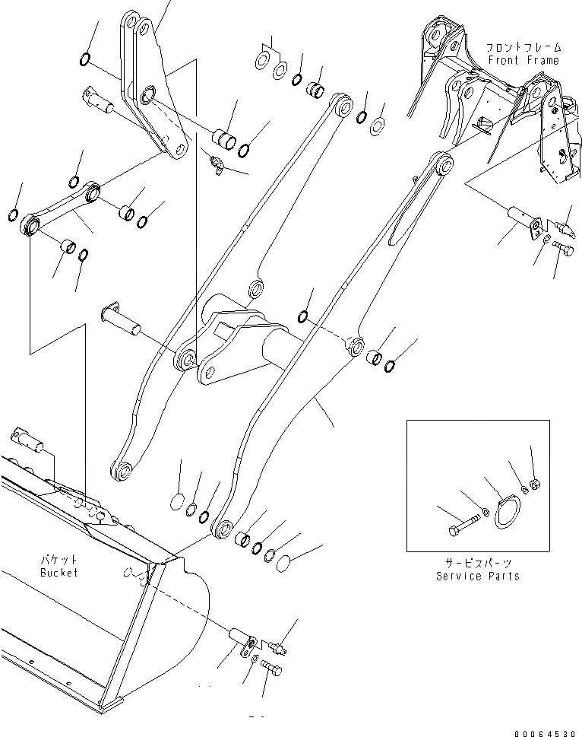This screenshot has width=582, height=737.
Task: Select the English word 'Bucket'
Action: (x=59, y=572)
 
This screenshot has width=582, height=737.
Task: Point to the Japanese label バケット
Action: (x=59, y=559)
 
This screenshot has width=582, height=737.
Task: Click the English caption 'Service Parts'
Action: (x=478, y=576)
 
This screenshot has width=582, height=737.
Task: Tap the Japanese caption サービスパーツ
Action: (x=478, y=564)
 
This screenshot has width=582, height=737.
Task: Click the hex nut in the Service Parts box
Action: (x=534, y=484)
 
